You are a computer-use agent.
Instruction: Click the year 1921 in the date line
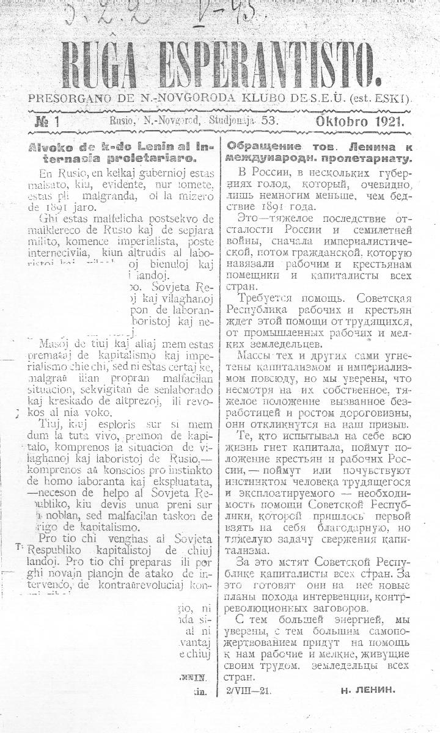click(x=389, y=121)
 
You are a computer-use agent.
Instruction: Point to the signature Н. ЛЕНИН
click(x=369, y=691)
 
